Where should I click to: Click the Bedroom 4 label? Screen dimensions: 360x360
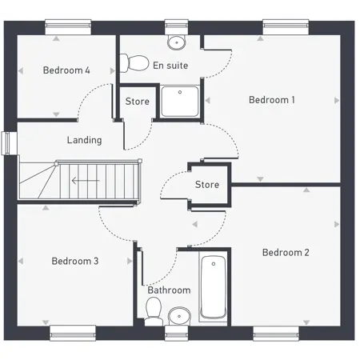click(66, 70)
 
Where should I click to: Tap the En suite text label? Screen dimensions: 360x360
click(170, 66)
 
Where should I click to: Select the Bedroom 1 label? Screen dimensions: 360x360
click(272, 100)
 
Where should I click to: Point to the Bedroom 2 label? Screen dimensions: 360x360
click(286, 253)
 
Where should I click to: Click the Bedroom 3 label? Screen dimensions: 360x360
click(75, 261)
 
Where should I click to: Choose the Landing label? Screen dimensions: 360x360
click(84, 140)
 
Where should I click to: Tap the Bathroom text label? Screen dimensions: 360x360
click(169, 290)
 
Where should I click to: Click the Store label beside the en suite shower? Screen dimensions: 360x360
click(138, 102)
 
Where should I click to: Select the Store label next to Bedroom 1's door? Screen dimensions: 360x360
click(207, 185)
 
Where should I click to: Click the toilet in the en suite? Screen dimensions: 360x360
click(134, 63)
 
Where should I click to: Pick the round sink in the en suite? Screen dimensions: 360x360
click(176, 42)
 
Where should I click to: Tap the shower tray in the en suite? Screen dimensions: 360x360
click(180, 102)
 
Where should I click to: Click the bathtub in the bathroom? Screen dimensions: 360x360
click(214, 286)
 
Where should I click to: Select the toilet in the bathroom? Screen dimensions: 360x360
click(154, 311)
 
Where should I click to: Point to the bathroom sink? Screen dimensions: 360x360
click(179, 316)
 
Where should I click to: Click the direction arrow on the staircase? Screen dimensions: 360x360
click(86, 181)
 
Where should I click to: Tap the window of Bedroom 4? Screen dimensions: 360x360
click(68, 27)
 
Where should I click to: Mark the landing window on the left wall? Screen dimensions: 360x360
click(9, 143)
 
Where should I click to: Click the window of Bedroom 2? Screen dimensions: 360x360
click(276, 334)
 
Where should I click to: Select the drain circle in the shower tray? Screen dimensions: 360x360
click(180, 92)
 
